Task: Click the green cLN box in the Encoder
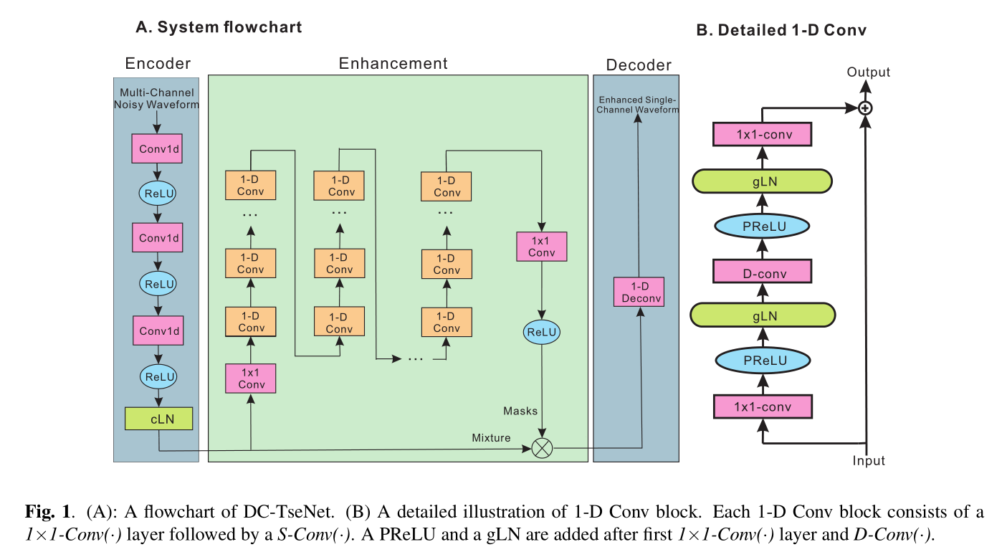click(x=158, y=419)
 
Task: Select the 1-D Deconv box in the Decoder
click(x=639, y=292)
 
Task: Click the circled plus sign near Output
click(x=866, y=108)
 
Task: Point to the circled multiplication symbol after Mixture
click(x=542, y=448)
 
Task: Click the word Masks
click(x=520, y=410)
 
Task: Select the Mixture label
click(x=491, y=438)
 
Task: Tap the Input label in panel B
click(x=868, y=461)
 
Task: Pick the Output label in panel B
click(x=868, y=72)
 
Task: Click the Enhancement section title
click(x=393, y=63)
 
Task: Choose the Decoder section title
click(x=639, y=65)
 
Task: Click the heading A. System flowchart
click(x=219, y=28)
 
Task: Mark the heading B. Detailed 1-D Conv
click(x=781, y=30)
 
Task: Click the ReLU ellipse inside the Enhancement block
click(x=541, y=332)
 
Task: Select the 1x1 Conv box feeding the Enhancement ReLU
click(x=541, y=246)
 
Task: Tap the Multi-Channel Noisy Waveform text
click(x=157, y=98)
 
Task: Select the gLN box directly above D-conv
click(x=763, y=181)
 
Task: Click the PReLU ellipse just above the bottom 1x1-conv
click(x=763, y=361)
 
